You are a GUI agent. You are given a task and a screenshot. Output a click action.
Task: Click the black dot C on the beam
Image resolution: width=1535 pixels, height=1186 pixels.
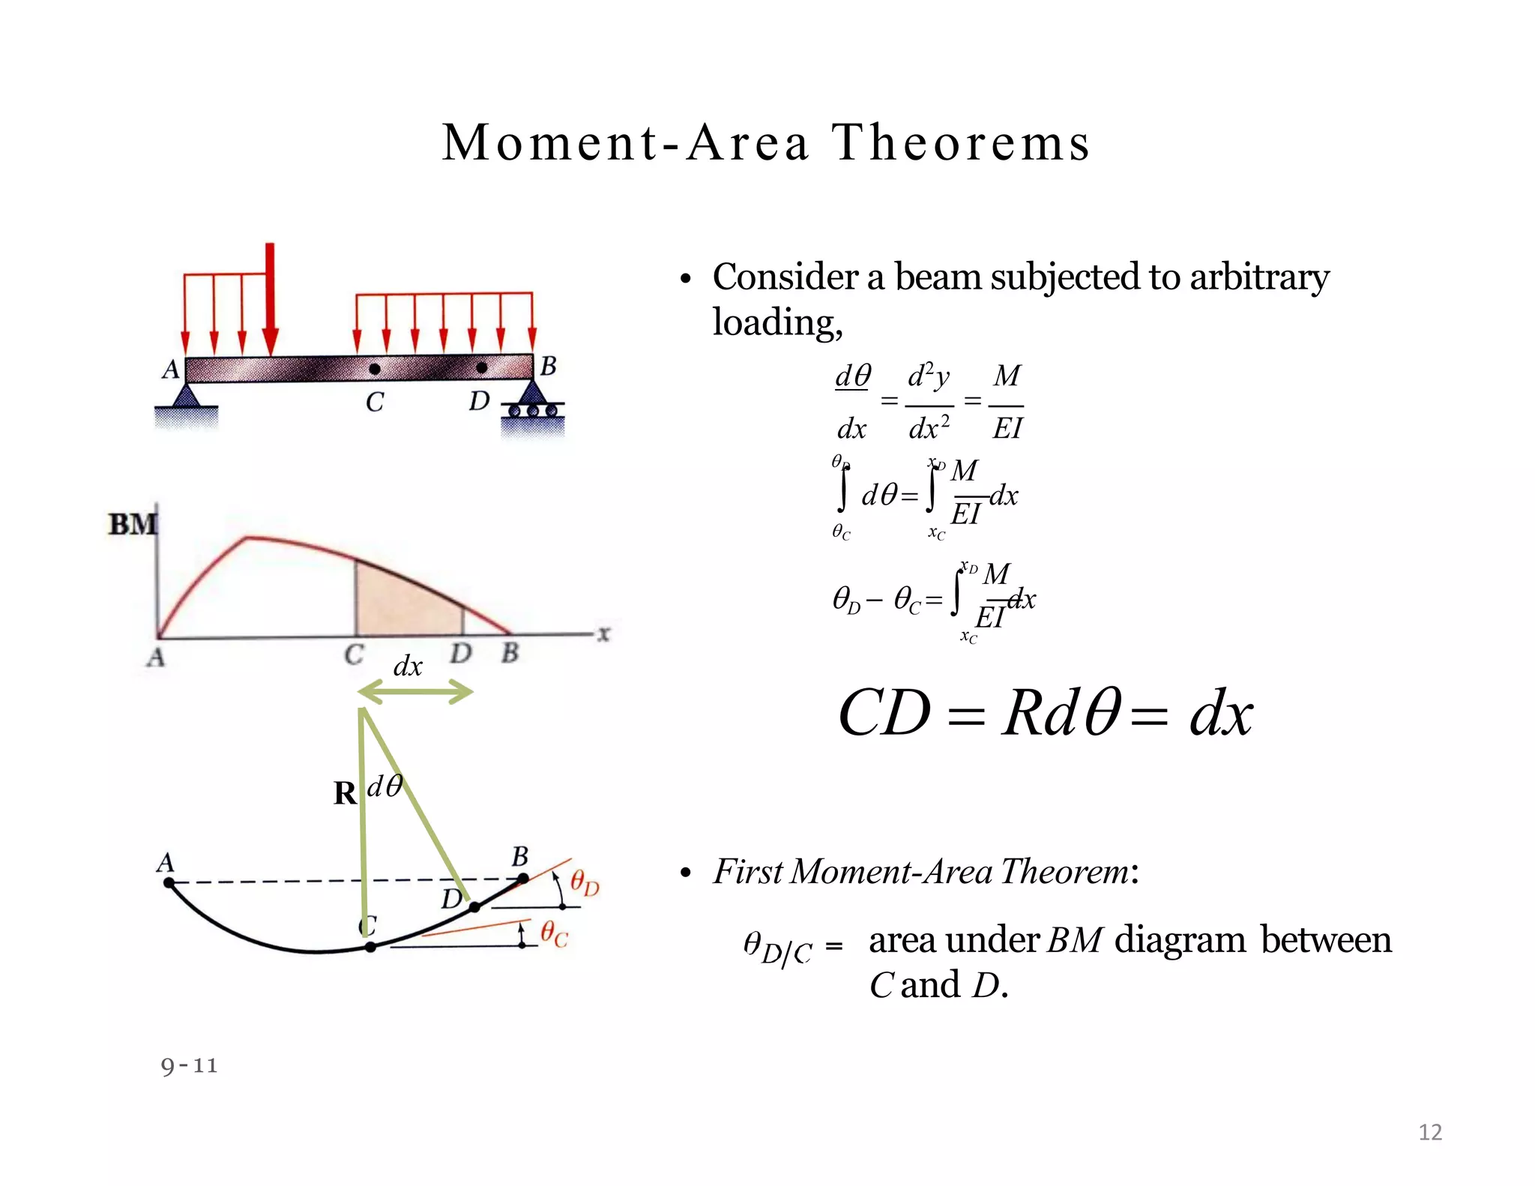375,369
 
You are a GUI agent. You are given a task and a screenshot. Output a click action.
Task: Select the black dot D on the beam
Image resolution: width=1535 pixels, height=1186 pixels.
482,367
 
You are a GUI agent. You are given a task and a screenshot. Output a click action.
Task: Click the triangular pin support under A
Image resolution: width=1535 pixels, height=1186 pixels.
186,396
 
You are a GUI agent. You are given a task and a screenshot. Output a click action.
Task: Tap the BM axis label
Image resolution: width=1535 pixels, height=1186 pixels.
133,524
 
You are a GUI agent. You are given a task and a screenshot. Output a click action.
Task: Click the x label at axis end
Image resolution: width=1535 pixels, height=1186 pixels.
604,634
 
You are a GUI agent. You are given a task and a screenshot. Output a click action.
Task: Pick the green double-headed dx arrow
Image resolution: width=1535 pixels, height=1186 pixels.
416,693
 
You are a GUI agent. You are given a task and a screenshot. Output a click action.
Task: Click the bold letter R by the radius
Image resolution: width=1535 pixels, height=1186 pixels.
345,793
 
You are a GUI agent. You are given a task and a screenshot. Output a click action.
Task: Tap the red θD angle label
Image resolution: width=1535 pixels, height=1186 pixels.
585,882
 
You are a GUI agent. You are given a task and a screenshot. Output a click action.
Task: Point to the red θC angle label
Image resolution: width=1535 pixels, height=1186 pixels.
555,934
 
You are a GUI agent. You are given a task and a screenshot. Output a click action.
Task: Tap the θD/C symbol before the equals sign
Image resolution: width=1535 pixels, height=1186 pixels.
777,948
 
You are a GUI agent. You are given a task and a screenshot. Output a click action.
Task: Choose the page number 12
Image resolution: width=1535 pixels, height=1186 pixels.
1430,1132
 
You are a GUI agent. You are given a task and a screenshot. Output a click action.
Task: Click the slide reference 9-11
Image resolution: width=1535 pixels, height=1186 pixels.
189,1065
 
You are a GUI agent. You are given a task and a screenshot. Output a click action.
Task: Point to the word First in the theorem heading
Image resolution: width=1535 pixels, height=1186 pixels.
747,871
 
